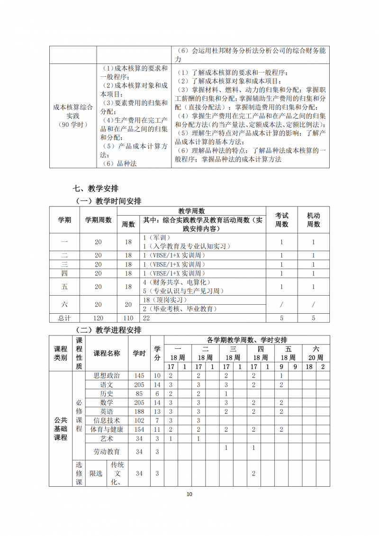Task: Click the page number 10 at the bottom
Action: pos(189,494)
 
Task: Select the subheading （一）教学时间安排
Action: pos(108,201)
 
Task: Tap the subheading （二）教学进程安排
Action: pos(108,330)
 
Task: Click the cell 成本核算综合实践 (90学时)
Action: pos(73,116)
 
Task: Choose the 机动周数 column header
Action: pos(313,219)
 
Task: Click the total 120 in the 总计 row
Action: pos(98,318)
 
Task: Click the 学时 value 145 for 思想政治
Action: pos(139,375)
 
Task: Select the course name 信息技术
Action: pos(107,420)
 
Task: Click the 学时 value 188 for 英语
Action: pos(139,411)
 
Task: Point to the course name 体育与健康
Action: pos(107,429)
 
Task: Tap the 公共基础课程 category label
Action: pos(60,428)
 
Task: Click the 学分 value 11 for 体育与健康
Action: pos(157,429)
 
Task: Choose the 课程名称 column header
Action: pos(107,353)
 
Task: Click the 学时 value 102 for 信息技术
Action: pos(139,420)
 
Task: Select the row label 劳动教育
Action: pos(107,452)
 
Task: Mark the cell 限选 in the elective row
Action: pos(96,473)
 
